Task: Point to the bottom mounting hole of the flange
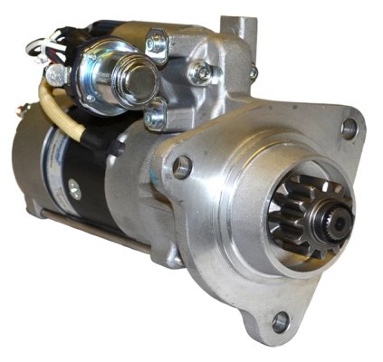(x=281, y=320)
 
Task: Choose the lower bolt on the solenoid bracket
(x=155, y=116)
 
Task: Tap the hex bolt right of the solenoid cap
(x=200, y=71)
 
